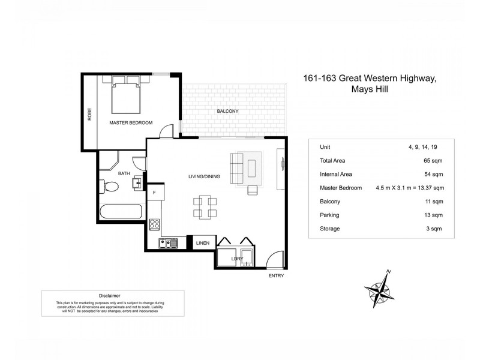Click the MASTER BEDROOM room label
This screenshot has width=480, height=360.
pyautogui.click(x=130, y=123)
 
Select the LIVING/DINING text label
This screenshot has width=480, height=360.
pyautogui.click(x=204, y=176)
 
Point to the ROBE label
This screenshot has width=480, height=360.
pyautogui.click(x=89, y=113)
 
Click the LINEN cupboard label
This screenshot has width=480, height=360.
pyautogui.click(x=202, y=243)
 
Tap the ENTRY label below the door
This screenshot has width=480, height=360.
pyautogui.click(x=277, y=275)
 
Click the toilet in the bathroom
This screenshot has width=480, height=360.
pyautogui.click(x=110, y=187)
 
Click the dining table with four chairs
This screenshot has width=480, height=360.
pyautogui.click(x=205, y=206)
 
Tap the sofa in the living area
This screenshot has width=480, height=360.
pyautogui.click(x=236, y=168)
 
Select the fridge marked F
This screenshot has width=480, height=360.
pyautogui.click(x=155, y=193)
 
